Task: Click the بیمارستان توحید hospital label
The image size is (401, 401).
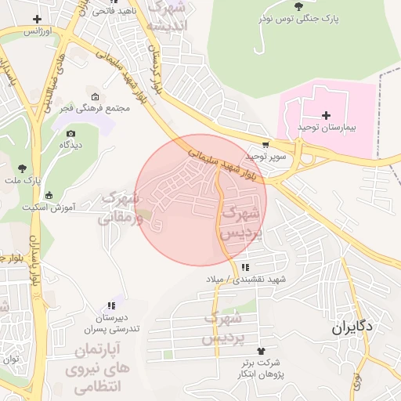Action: tap(327, 127)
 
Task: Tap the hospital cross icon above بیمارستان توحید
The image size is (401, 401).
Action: tap(327, 115)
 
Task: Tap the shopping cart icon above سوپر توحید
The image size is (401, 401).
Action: tap(266, 144)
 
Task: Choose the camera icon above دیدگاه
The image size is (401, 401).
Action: tap(71, 134)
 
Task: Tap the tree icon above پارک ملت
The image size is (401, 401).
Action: tap(22, 168)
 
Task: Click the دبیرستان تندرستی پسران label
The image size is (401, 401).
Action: tap(110, 323)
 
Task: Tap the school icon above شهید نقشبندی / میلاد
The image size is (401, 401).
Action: tap(245, 267)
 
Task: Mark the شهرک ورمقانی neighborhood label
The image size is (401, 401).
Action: tap(125, 208)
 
